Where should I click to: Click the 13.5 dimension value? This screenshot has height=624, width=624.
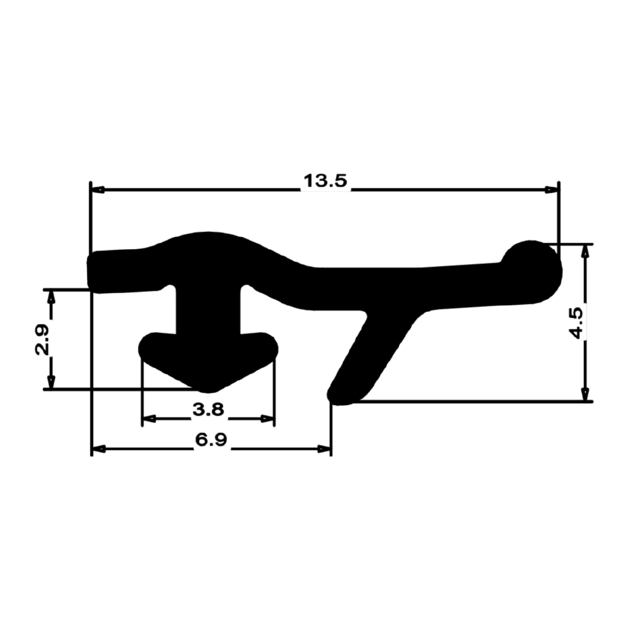pos(325,181)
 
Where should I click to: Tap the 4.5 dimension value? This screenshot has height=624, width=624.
pos(577,323)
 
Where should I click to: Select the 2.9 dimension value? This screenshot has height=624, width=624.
pos(42,339)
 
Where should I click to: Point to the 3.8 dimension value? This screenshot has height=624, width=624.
pos(208,409)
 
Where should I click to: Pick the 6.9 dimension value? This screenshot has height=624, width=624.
pos(211,440)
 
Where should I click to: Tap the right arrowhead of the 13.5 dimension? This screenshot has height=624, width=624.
pos(551,190)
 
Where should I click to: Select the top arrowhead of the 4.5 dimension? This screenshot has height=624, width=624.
pos(585,250)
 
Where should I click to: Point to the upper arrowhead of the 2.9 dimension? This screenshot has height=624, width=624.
pos(51,296)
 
